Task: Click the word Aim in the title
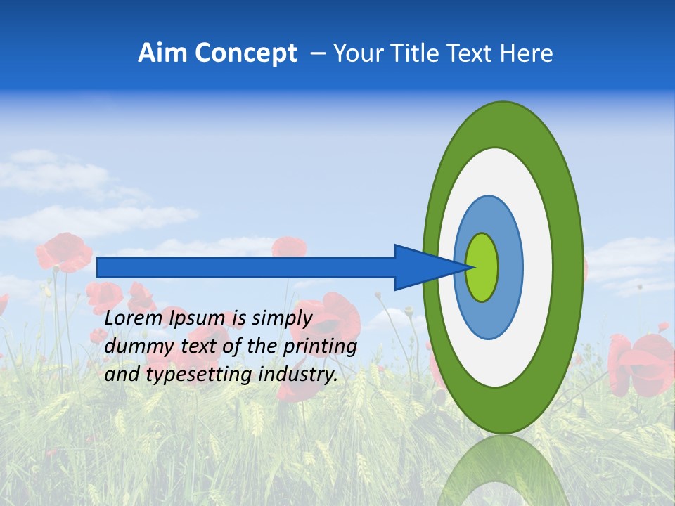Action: [163, 53]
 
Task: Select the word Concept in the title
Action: [246, 53]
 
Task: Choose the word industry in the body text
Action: [297, 375]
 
